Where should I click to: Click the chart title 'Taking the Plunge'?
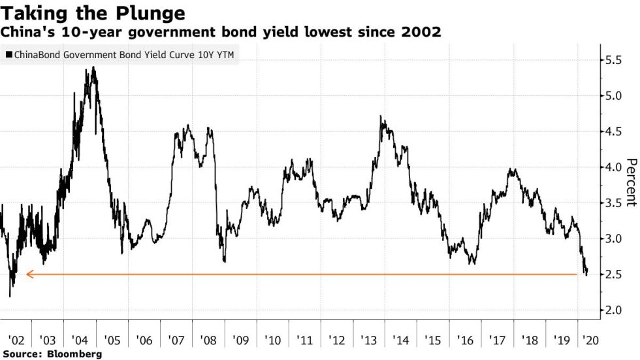click(93, 13)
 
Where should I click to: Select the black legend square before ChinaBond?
click(8, 56)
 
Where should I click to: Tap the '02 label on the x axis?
click(17, 340)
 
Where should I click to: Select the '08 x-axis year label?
click(208, 340)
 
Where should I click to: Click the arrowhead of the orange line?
click(29, 274)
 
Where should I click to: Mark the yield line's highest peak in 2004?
click(94, 67)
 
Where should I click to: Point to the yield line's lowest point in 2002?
click(10, 296)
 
